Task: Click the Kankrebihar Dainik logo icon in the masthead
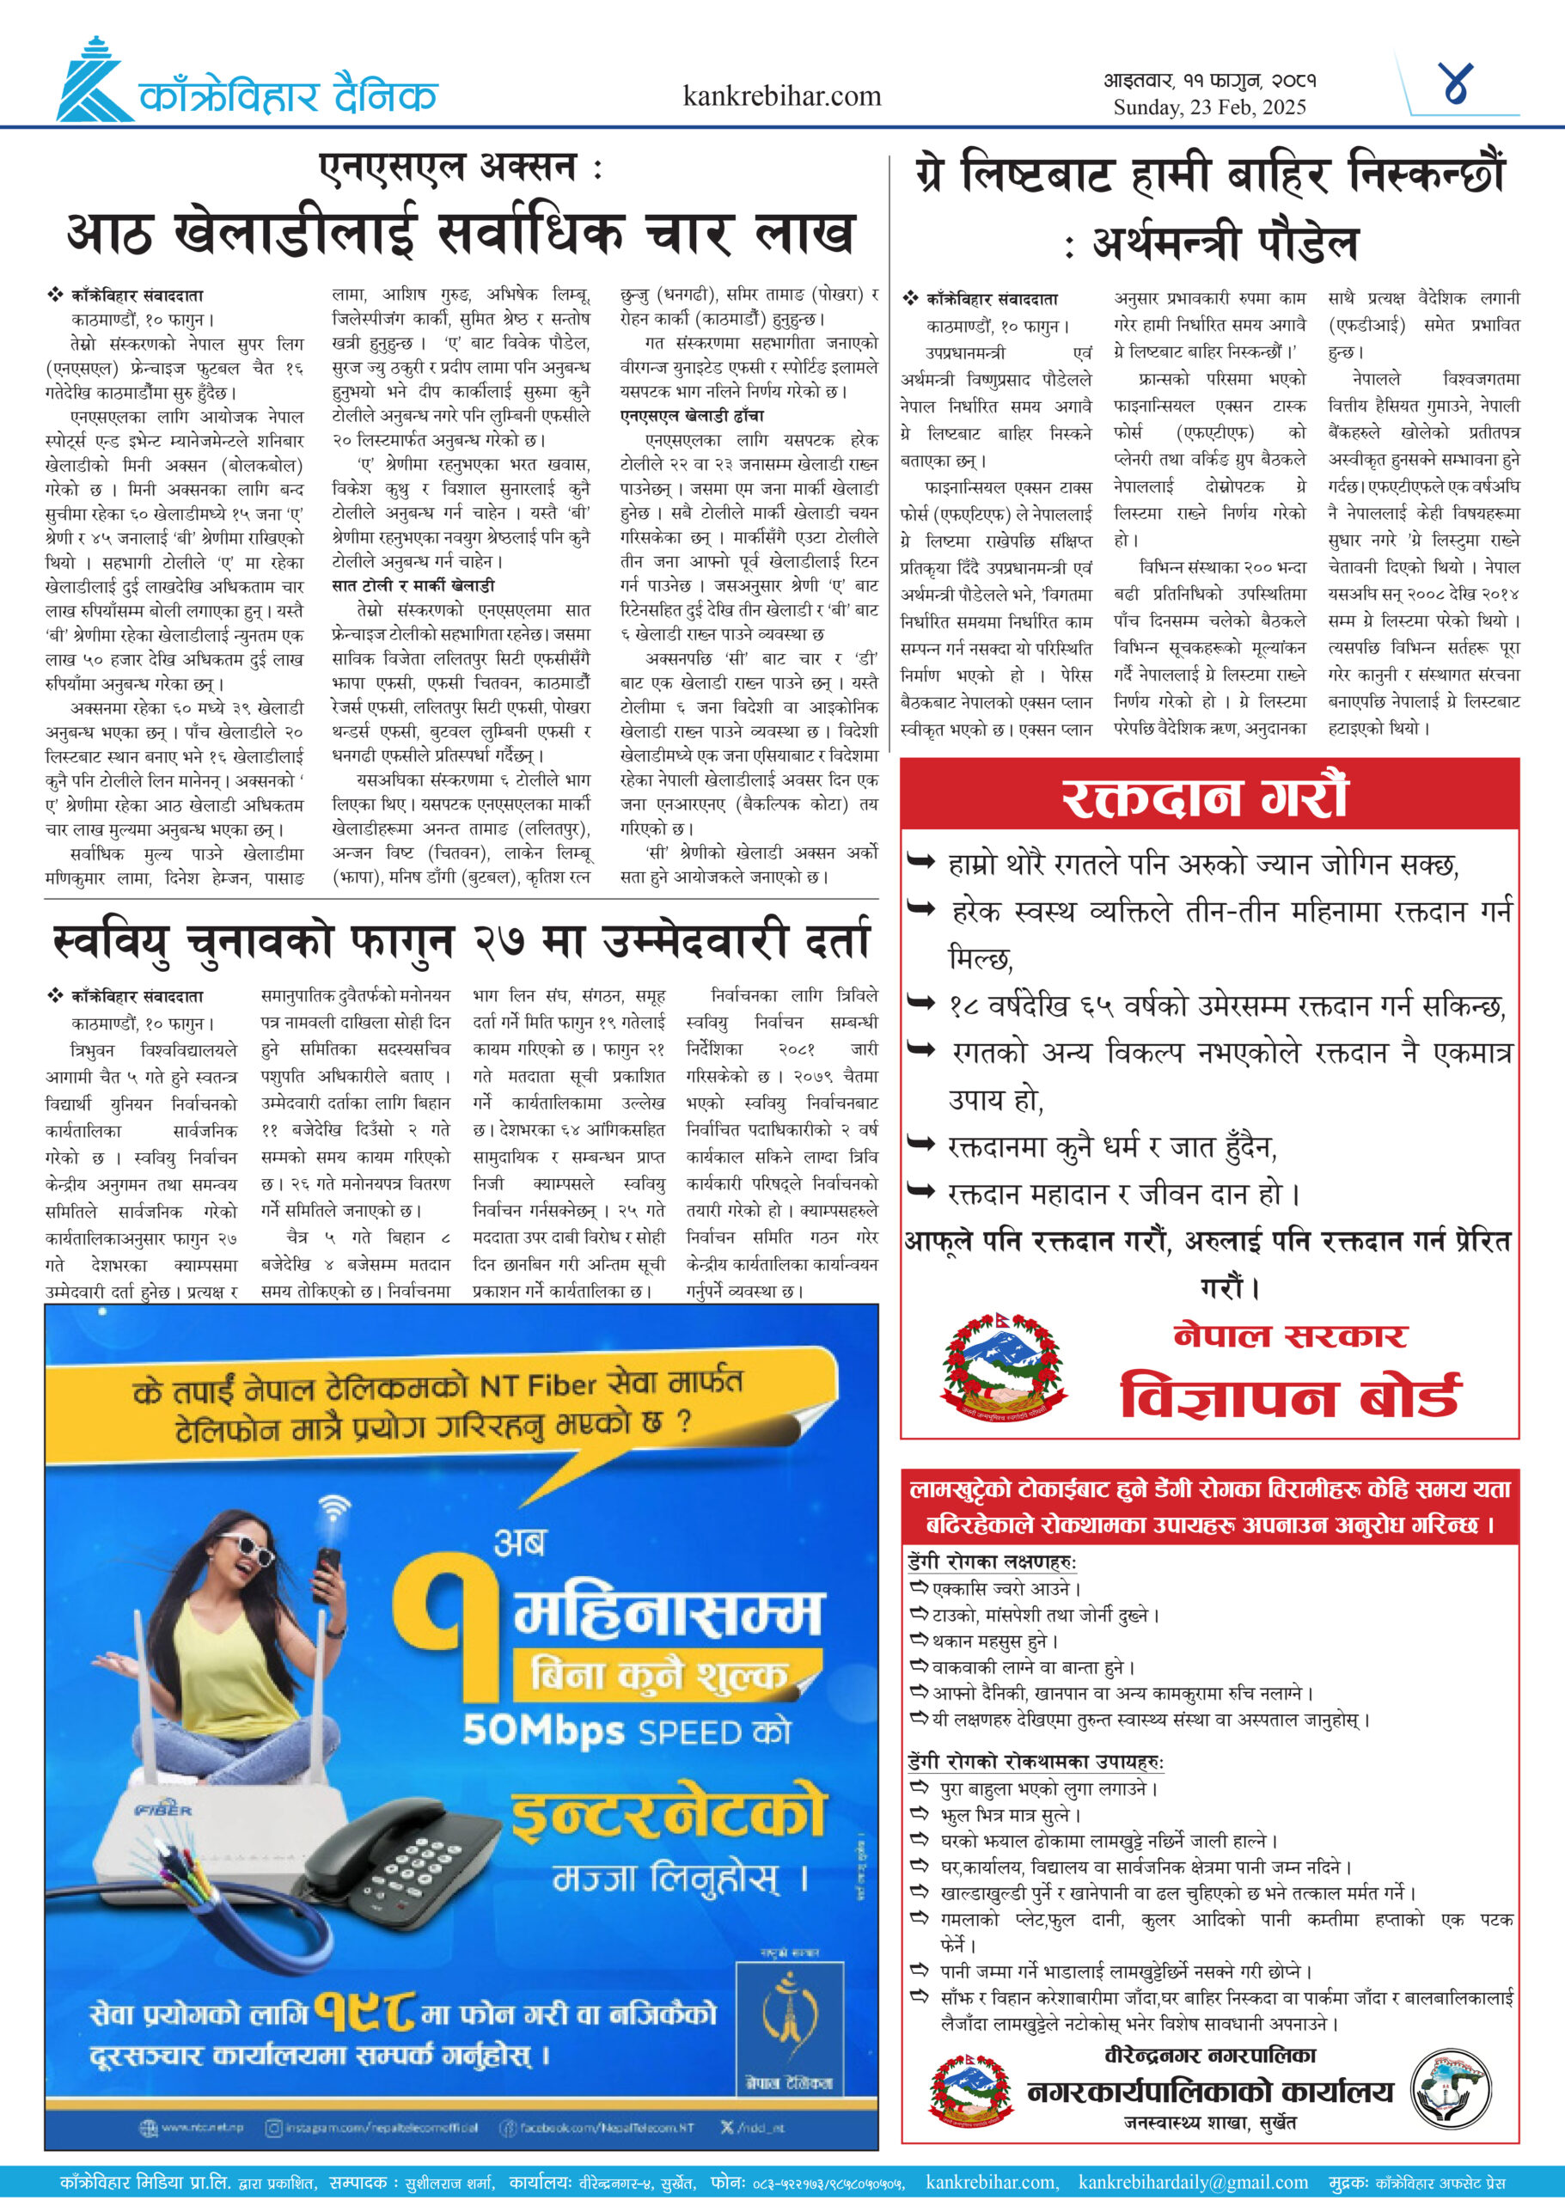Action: pyautogui.click(x=94, y=81)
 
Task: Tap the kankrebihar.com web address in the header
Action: pyautogui.click(x=781, y=96)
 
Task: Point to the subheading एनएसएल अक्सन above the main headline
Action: pyautogui.click(x=461, y=168)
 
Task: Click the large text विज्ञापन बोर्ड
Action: pyautogui.click(x=1288, y=1396)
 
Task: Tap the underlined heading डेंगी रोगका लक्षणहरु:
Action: pyautogui.click(x=992, y=1561)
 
